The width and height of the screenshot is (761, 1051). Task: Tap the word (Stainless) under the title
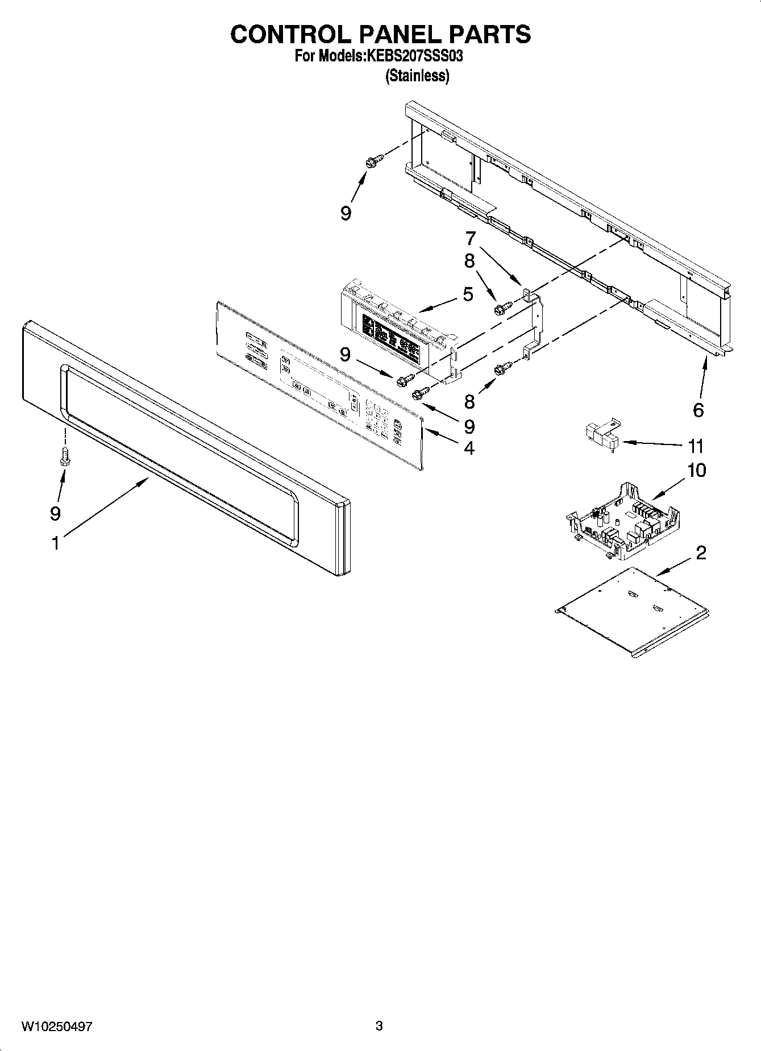point(417,76)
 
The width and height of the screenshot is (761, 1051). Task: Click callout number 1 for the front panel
point(55,543)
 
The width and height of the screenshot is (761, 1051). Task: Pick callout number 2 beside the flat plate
point(701,552)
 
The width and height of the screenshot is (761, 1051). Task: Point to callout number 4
point(469,448)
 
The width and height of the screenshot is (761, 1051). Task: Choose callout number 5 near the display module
point(468,294)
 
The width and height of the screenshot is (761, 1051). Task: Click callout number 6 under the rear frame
point(698,409)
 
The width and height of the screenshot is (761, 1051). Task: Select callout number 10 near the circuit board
point(696,471)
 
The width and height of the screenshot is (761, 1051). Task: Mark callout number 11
point(696,446)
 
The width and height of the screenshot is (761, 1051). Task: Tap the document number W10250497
point(57,1026)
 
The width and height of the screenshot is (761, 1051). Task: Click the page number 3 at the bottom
point(379,1026)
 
